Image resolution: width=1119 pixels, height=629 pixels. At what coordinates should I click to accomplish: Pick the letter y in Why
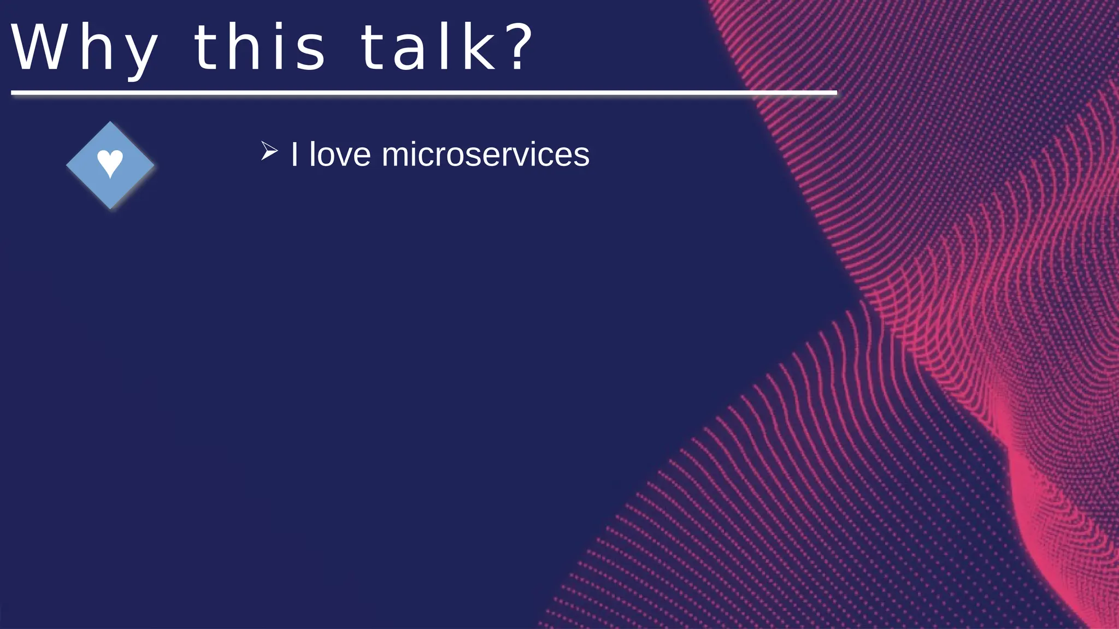[140, 55]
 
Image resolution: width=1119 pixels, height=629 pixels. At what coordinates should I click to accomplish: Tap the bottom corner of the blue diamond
[110, 207]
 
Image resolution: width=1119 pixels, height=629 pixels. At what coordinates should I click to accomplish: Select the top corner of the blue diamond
[110, 123]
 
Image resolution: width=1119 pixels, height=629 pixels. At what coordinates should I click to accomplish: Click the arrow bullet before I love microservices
[269, 151]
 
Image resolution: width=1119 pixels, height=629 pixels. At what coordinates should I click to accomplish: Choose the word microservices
[485, 155]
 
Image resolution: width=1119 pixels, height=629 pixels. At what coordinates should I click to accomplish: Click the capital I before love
[295, 155]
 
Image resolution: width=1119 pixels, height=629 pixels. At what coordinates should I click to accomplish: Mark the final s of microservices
[582, 157]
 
